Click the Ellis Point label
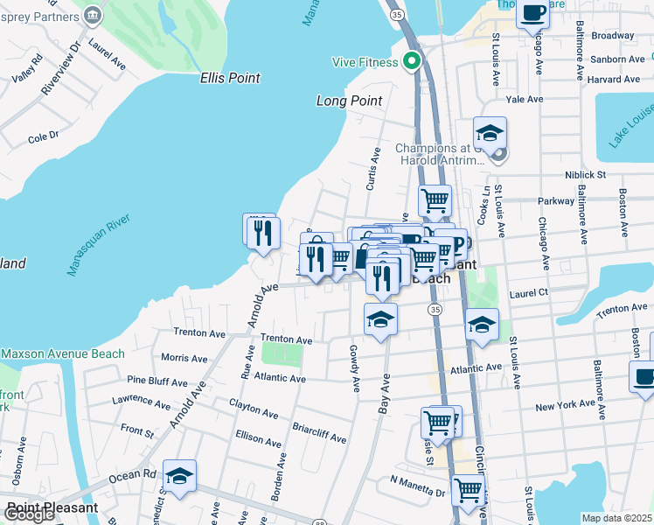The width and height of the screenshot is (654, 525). pos(230,78)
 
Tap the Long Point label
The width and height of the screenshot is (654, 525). pos(349,101)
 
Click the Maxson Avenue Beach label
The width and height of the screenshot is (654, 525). pos(63,354)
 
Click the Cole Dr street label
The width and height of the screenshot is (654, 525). pos(43,136)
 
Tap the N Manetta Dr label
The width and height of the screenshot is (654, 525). pos(418,480)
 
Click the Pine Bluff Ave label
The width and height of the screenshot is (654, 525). pos(157,381)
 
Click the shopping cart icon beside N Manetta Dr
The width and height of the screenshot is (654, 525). pos(468,488)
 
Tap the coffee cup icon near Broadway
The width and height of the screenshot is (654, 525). pos(532,13)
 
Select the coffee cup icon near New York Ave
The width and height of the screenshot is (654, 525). pos(644,377)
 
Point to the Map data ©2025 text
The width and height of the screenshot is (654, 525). pos(616,518)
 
